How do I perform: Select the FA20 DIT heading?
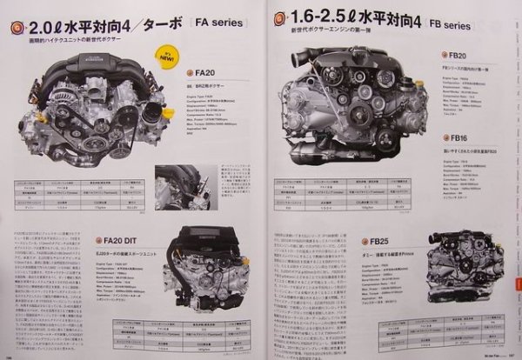[x=127, y=238]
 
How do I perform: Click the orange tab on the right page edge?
[x=517, y=286]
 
